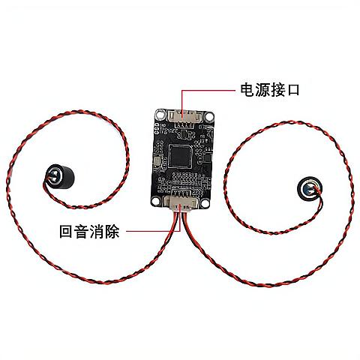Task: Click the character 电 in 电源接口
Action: (247, 90)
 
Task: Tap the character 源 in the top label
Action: (262, 90)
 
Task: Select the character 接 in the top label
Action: (277, 90)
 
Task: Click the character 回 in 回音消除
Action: (67, 231)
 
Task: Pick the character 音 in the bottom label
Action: (82, 231)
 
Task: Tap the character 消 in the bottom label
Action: (97, 231)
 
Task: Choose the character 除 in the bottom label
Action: (112, 231)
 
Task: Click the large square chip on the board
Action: (180, 156)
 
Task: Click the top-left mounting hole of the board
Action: (160, 114)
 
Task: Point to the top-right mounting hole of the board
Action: (209, 116)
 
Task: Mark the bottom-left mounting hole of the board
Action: (156, 201)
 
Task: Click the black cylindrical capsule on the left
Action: (60, 175)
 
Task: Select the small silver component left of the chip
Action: (158, 161)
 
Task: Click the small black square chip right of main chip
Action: (208, 157)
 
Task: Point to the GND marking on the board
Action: (163, 124)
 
